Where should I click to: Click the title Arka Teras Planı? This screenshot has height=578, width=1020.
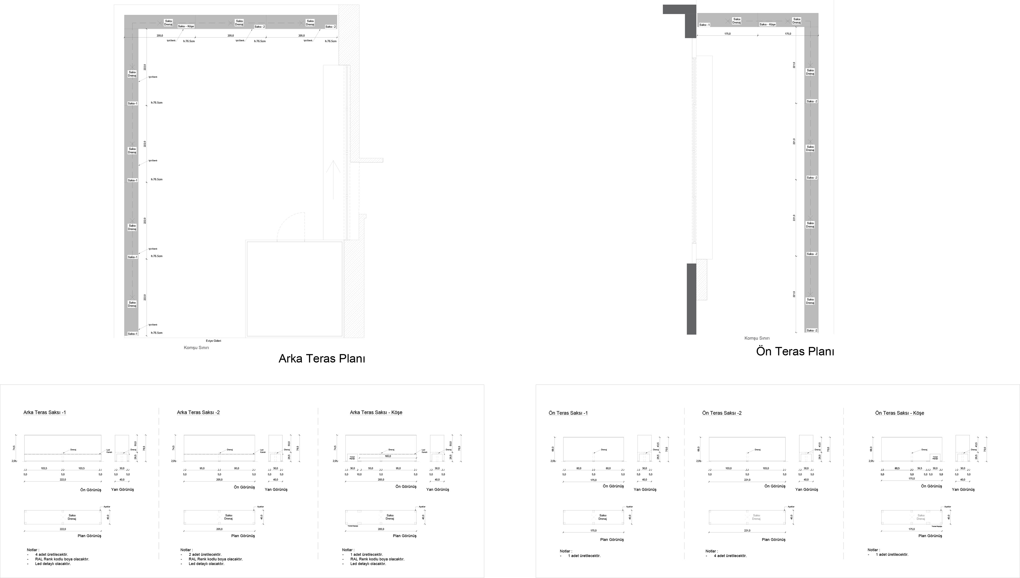(322, 358)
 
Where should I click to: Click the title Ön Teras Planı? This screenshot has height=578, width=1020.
(794, 351)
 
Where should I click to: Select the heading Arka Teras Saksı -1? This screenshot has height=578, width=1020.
(44, 413)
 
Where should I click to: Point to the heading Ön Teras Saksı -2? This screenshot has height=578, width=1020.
(721, 413)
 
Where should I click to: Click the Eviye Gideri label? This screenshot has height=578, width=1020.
(213, 341)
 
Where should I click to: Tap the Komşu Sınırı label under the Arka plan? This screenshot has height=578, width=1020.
(196, 348)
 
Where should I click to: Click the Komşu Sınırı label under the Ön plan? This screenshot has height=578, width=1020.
(757, 338)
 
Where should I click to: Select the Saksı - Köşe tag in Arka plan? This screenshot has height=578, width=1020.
(186, 26)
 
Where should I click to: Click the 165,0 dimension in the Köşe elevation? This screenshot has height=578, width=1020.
(388, 456)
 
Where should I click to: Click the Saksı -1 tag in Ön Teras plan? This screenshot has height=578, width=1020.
(704, 25)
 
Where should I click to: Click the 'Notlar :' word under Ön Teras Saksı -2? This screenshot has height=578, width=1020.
(711, 551)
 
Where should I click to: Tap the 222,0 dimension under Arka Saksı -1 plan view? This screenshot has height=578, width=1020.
(63, 529)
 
